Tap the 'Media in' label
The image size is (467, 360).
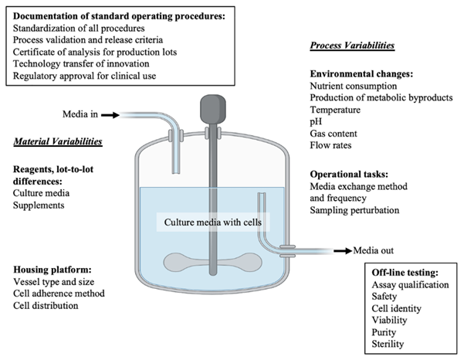(80, 115)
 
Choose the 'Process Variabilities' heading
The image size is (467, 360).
(352, 46)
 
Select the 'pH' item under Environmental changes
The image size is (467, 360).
(316, 122)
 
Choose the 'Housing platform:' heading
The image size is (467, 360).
(52, 270)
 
